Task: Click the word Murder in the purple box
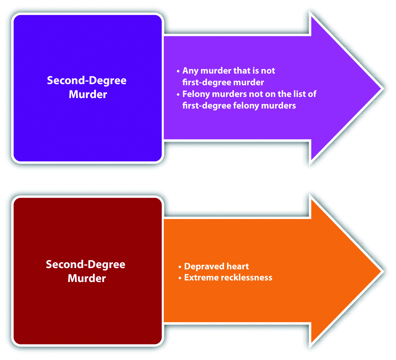tap(88, 94)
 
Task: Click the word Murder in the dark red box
tap(87, 278)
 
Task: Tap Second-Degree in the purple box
tap(87, 80)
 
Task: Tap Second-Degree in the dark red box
tap(86, 264)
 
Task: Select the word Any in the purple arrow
tap(190, 71)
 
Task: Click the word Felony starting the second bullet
tap(196, 94)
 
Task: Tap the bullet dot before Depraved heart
tap(180, 267)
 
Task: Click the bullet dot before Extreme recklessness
tap(180, 278)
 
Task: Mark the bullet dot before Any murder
tap(178, 71)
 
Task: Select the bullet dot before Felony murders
tap(178, 95)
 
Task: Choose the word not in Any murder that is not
tap(268, 71)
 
